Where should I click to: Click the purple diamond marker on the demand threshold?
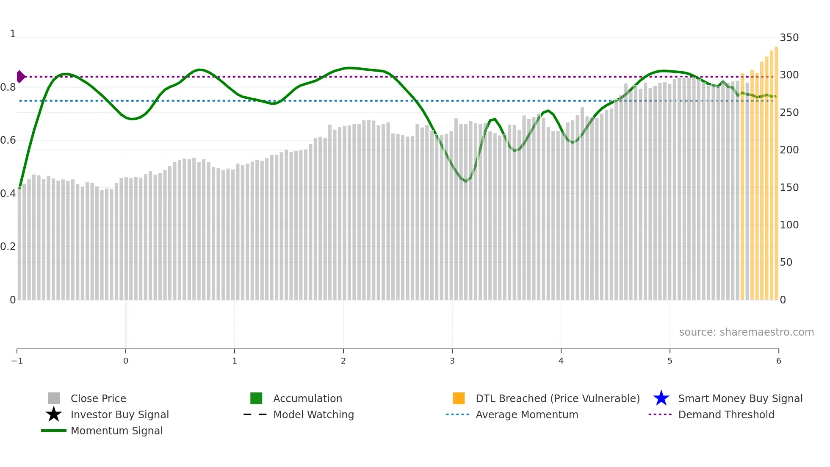[x=20, y=77]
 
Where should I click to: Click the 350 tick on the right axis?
[x=789, y=38]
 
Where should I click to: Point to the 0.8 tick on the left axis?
[x=8, y=87]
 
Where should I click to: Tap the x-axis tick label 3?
[x=452, y=361]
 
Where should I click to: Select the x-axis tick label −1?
[x=17, y=361]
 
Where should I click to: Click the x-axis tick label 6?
[x=778, y=361]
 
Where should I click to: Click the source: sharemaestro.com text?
[x=746, y=332]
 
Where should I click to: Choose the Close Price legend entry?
[x=98, y=398]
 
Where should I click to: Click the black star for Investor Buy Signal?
[x=54, y=414]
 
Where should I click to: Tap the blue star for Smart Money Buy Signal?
[x=661, y=398]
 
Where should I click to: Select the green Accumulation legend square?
[x=256, y=398]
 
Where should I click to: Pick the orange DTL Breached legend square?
[x=459, y=398]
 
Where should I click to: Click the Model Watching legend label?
[x=313, y=414]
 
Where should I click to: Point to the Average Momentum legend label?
[x=527, y=414]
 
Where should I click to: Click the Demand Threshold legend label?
[x=726, y=414]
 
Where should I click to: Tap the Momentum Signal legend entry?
[x=116, y=431]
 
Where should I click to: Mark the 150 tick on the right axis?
[x=789, y=187]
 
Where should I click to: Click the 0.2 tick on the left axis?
[x=8, y=247]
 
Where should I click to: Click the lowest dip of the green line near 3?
[x=466, y=181]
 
